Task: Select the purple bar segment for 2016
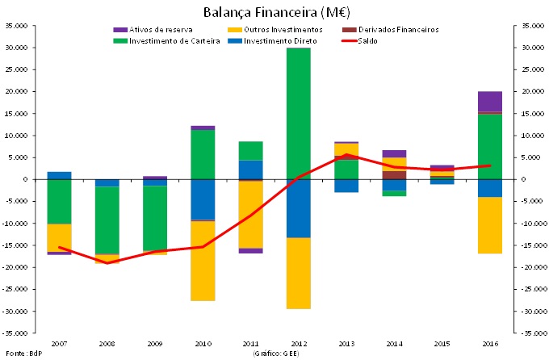tap(490, 102)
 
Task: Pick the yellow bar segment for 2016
tap(490, 225)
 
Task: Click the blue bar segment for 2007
tap(59, 175)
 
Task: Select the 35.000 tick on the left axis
tap(18, 26)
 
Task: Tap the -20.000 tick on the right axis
tap(529, 267)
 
